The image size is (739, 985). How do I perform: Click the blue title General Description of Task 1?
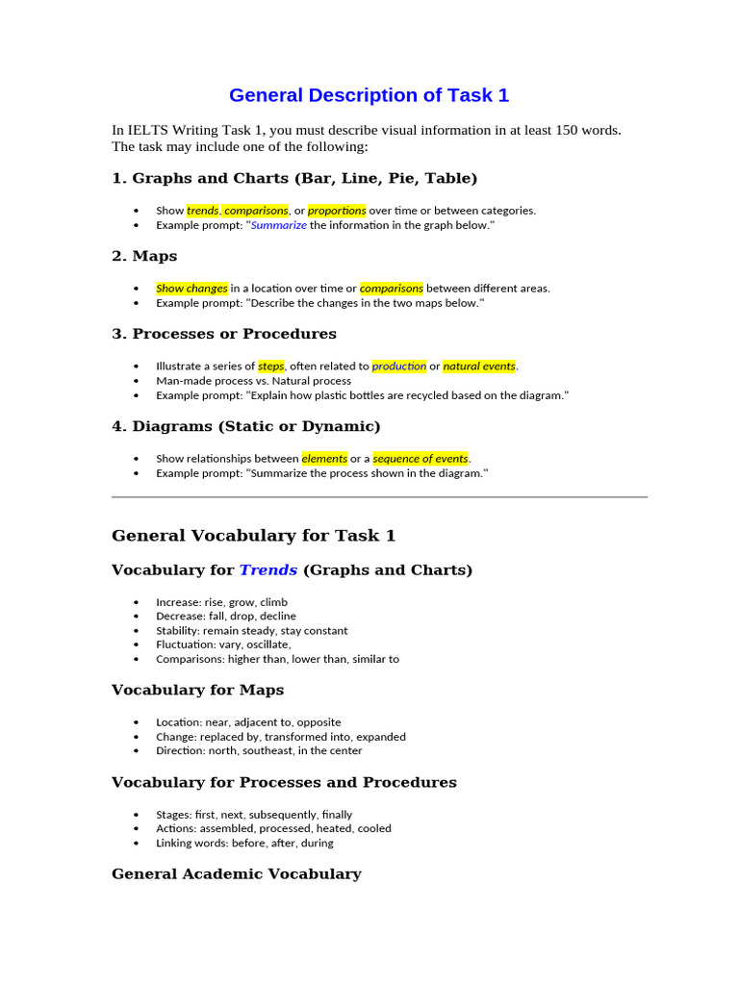tap(369, 95)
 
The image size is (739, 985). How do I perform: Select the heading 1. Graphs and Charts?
tap(294, 178)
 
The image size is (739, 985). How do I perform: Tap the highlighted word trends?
tap(202, 210)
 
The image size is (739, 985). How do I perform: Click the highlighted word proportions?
tap(337, 210)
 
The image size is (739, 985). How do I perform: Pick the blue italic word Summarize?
tap(279, 225)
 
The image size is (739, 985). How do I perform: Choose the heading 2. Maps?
tap(144, 256)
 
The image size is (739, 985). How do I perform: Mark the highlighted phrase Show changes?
tap(191, 288)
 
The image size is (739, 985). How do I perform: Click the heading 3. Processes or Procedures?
tap(224, 334)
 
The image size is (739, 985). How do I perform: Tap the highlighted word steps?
tap(271, 366)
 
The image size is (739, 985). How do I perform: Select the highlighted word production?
tap(398, 366)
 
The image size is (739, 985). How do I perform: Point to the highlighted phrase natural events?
tap(479, 366)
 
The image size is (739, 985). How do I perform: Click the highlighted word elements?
tap(324, 458)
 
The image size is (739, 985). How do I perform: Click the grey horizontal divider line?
tap(379, 497)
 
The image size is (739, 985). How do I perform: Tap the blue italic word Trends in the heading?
tap(268, 569)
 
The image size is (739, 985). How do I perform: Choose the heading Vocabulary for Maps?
tap(197, 690)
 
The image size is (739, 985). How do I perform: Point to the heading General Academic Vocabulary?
tap(236, 873)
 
